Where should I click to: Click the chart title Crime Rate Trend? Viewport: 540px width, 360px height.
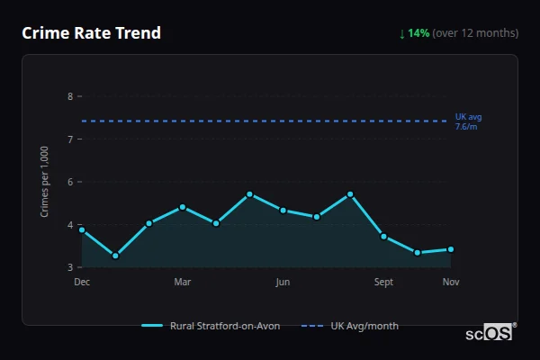pos(91,33)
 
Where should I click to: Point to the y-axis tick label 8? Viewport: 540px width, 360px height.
pos(69,96)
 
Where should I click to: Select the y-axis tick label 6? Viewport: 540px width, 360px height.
pos(69,182)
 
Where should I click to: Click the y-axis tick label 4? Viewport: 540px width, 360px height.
pos(69,225)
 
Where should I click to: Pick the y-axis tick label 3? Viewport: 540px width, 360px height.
pos(69,267)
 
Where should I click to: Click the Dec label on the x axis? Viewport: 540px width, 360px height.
pos(82,283)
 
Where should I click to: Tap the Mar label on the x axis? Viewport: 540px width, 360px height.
pos(183,283)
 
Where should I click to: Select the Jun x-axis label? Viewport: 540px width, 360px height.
pos(283,283)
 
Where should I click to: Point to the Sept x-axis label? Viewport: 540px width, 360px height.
pos(383,283)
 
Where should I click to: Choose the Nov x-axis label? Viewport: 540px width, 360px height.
pos(451,283)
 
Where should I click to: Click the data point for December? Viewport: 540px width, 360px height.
pos(82,229)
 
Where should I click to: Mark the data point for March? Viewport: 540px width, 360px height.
pos(183,207)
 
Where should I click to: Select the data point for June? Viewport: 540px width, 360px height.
pos(283,211)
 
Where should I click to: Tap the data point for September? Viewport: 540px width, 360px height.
pos(383,237)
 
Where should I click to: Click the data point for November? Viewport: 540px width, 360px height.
pos(451,249)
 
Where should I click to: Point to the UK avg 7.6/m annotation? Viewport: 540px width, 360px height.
pos(468,121)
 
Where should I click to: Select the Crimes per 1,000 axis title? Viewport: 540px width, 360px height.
pos(45,182)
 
